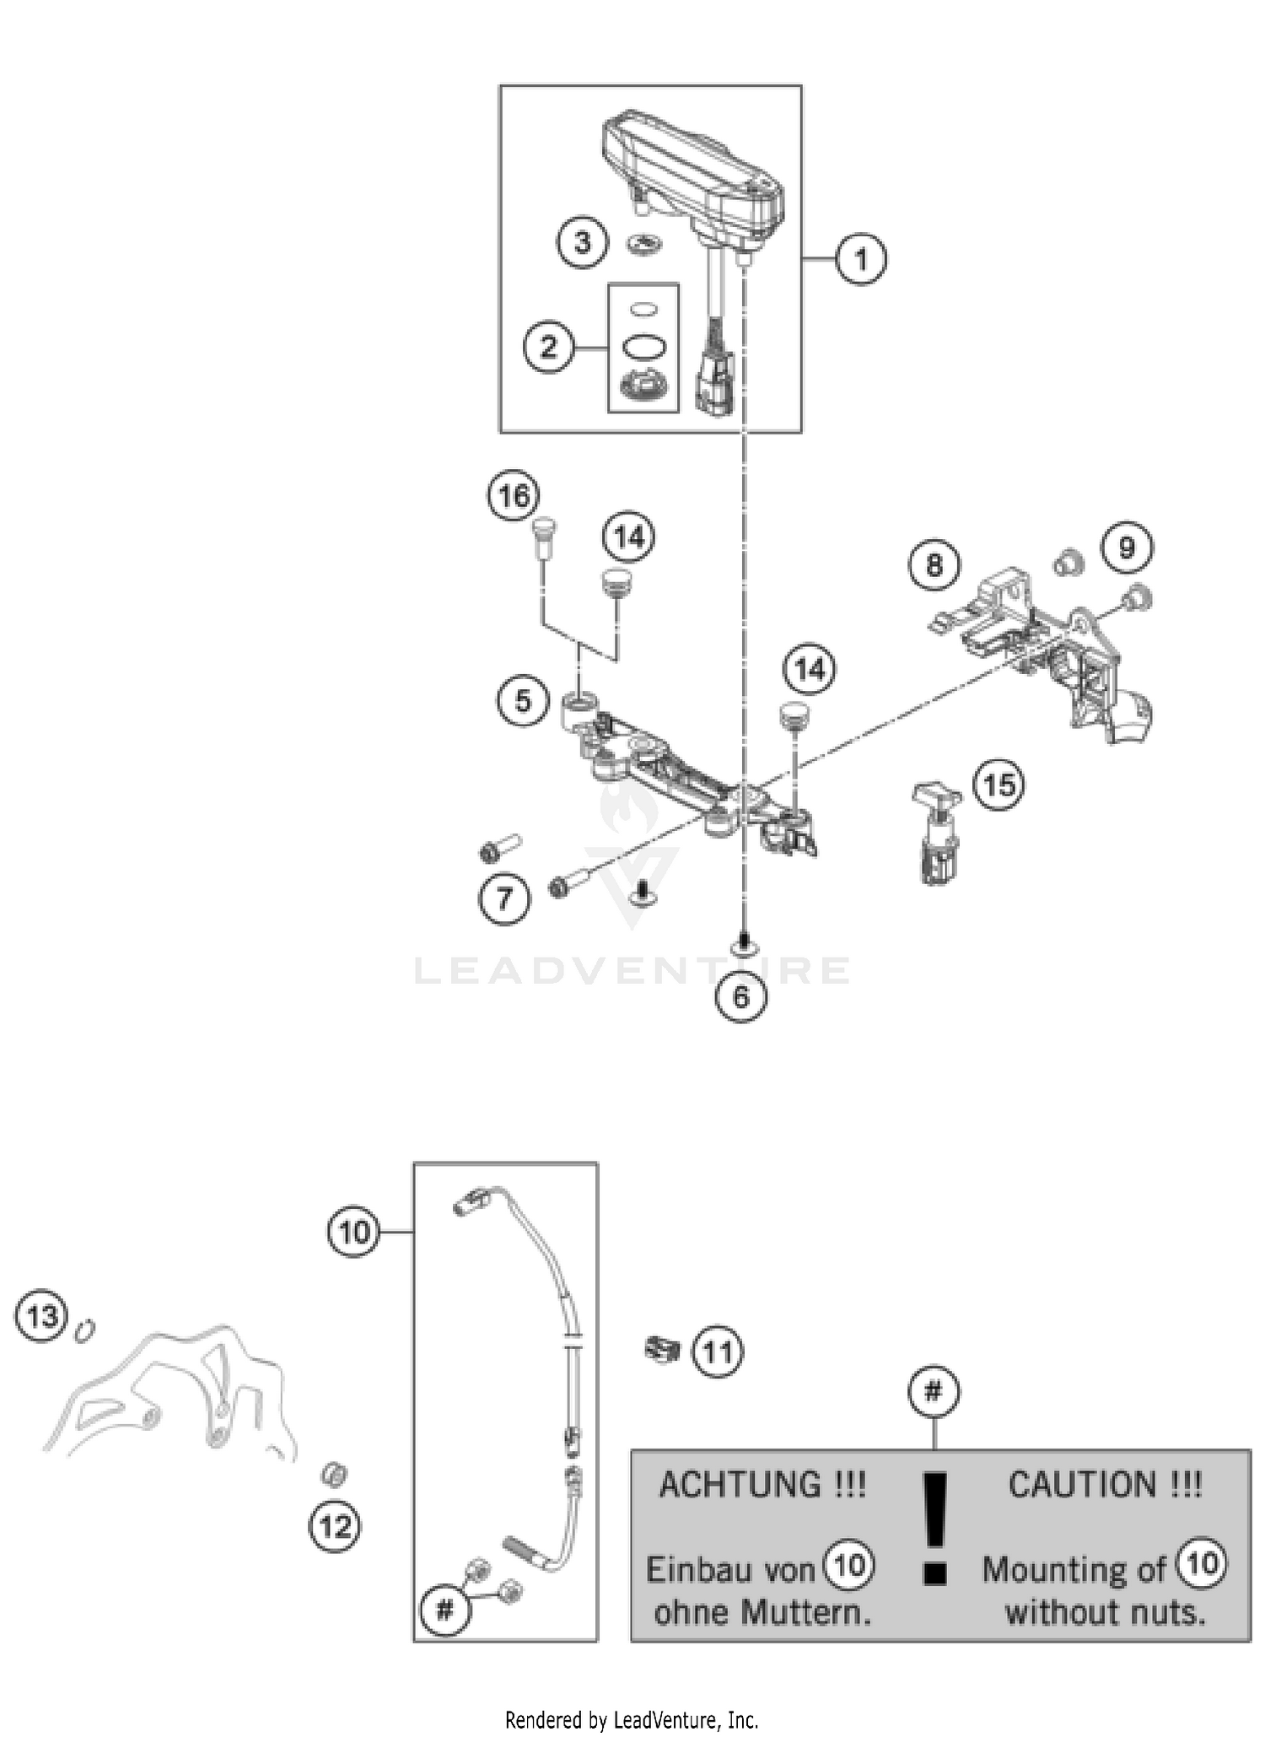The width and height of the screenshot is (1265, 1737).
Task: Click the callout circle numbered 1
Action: click(860, 259)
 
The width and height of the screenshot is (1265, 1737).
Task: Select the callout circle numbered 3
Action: click(582, 243)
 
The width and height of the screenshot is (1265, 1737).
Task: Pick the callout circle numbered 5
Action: click(523, 700)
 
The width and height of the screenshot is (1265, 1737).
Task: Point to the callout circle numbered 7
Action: click(504, 898)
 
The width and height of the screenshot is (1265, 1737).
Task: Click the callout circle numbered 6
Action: click(741, 996)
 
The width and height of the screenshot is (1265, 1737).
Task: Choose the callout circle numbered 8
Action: click(934, 564)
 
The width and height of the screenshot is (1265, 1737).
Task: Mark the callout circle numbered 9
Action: click(1128, 548)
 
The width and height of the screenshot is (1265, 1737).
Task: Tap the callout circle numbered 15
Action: click(999, 785)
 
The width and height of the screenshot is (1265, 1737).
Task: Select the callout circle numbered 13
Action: click(42, 1315)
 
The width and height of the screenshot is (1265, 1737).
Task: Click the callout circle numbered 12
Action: click(336, 1526)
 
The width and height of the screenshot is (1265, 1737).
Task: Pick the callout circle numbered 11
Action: click(718, 1352)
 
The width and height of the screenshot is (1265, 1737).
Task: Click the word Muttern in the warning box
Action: click(805, 1613)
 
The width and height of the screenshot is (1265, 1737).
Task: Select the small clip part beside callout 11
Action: click(662, 1349)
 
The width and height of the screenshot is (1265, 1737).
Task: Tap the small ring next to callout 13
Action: click(84, 1330)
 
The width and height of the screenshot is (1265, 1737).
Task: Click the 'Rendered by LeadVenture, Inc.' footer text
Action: click(632, 1719)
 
